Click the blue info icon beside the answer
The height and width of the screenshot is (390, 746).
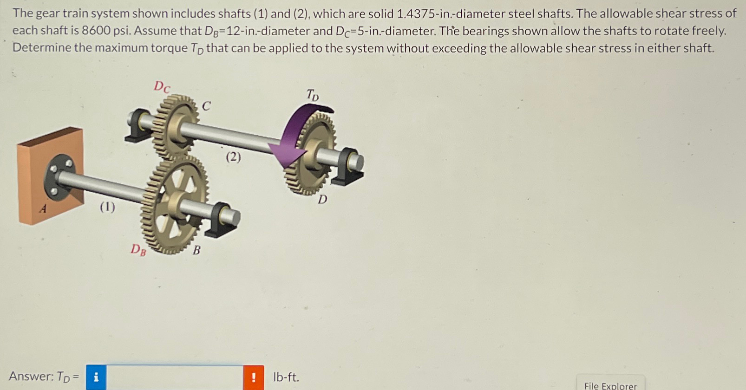(96, 377)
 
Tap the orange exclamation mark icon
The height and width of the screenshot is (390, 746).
(253, 377)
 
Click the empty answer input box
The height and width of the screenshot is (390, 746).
(175, 377)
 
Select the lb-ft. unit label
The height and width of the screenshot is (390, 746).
(286, 377)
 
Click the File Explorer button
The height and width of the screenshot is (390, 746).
(610, 385)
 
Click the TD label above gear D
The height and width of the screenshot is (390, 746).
(313, 95)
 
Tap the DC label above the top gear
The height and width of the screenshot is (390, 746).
(162, 86)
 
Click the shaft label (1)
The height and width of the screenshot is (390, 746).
(107, 206)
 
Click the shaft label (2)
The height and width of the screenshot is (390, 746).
(233, 157)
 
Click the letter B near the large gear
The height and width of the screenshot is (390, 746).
(196, 251)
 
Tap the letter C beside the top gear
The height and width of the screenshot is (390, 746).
(206, 106)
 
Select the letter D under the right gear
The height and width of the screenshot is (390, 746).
(322, 200)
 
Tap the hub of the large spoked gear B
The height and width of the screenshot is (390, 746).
(177, 202)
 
